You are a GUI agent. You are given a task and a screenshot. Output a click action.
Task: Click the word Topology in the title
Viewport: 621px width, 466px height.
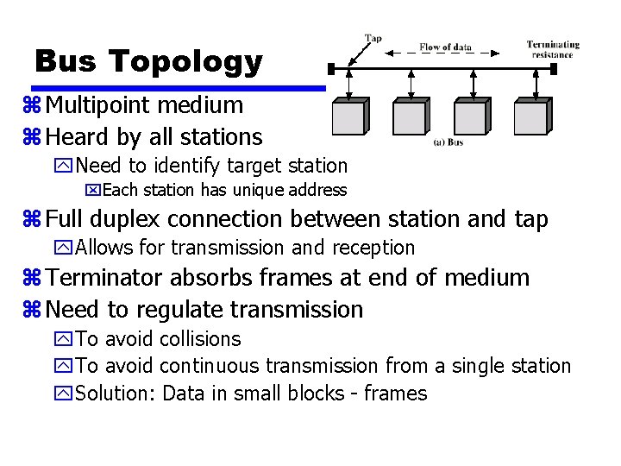pos(185,62)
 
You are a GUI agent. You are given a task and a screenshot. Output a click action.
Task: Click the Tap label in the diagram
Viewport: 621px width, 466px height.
pos(373,39)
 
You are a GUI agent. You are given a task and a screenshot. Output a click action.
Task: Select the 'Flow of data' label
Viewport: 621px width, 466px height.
pos(445,47)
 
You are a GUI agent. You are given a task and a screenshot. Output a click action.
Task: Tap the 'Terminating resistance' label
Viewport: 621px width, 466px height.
pos(553,49)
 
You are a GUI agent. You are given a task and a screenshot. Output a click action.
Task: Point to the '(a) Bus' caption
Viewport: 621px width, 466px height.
pos(448,142)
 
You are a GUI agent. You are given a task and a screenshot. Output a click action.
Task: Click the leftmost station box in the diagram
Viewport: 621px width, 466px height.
pos(348,116)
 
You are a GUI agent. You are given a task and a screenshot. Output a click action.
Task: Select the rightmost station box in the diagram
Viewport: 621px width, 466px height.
pos(530,116)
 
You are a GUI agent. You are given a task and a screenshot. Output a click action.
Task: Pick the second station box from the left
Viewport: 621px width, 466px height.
pos(409,116)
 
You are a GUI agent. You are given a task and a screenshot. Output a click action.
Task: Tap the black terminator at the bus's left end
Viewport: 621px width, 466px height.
pos(329,67)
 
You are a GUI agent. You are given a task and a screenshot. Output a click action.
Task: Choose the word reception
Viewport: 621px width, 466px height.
pos(373,249)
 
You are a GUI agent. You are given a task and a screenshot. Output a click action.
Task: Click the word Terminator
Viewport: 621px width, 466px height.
pos(105,278)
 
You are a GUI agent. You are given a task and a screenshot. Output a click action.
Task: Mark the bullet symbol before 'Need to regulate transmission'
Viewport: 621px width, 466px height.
pos(36,310)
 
